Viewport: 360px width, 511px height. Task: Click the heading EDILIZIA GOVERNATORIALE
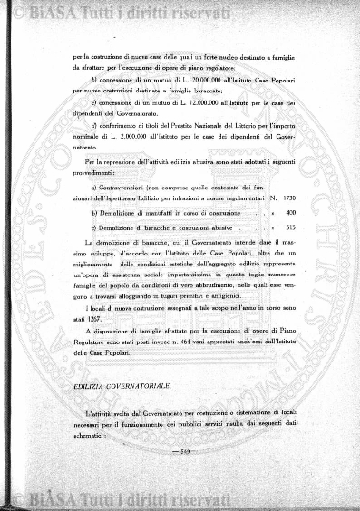click(x=112, y=386)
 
